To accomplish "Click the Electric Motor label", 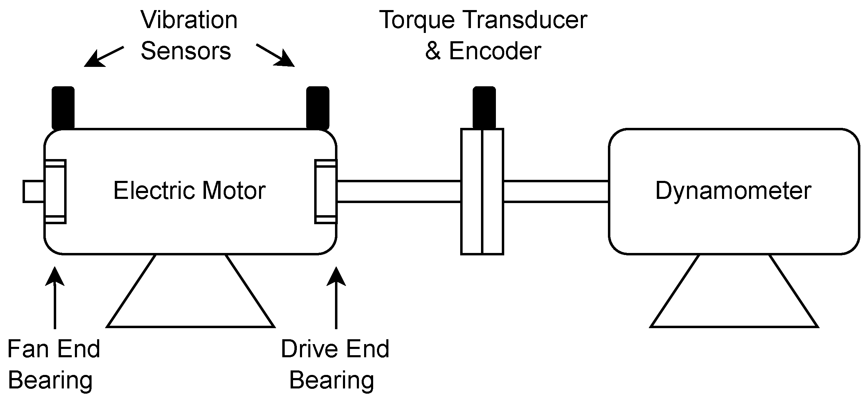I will (189, 191).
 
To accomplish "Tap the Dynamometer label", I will (733, 191).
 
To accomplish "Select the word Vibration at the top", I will (189, 20).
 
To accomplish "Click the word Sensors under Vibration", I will (186, 51).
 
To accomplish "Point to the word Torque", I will (416, 20).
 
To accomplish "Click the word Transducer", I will (525, 20).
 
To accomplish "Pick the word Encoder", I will (495, 51).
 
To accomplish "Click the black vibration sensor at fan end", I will (63, 108).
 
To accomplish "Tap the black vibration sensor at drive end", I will (318, 108).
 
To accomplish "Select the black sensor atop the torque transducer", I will (484, 108).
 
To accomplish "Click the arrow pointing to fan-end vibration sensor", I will (103, 56).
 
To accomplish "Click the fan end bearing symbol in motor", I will (55, 192).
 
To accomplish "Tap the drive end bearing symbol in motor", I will (325, 192).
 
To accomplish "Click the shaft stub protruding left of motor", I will (33, 191).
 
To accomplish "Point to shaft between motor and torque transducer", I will (398, 191).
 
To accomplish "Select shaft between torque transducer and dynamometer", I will (556, 191).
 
